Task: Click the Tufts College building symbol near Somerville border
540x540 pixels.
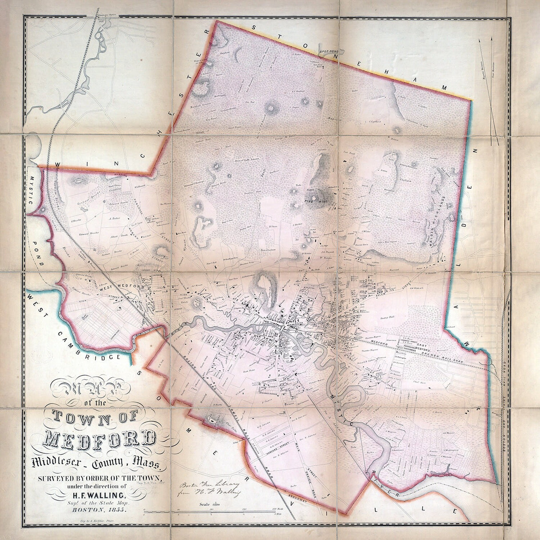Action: [x=212, y=418]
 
